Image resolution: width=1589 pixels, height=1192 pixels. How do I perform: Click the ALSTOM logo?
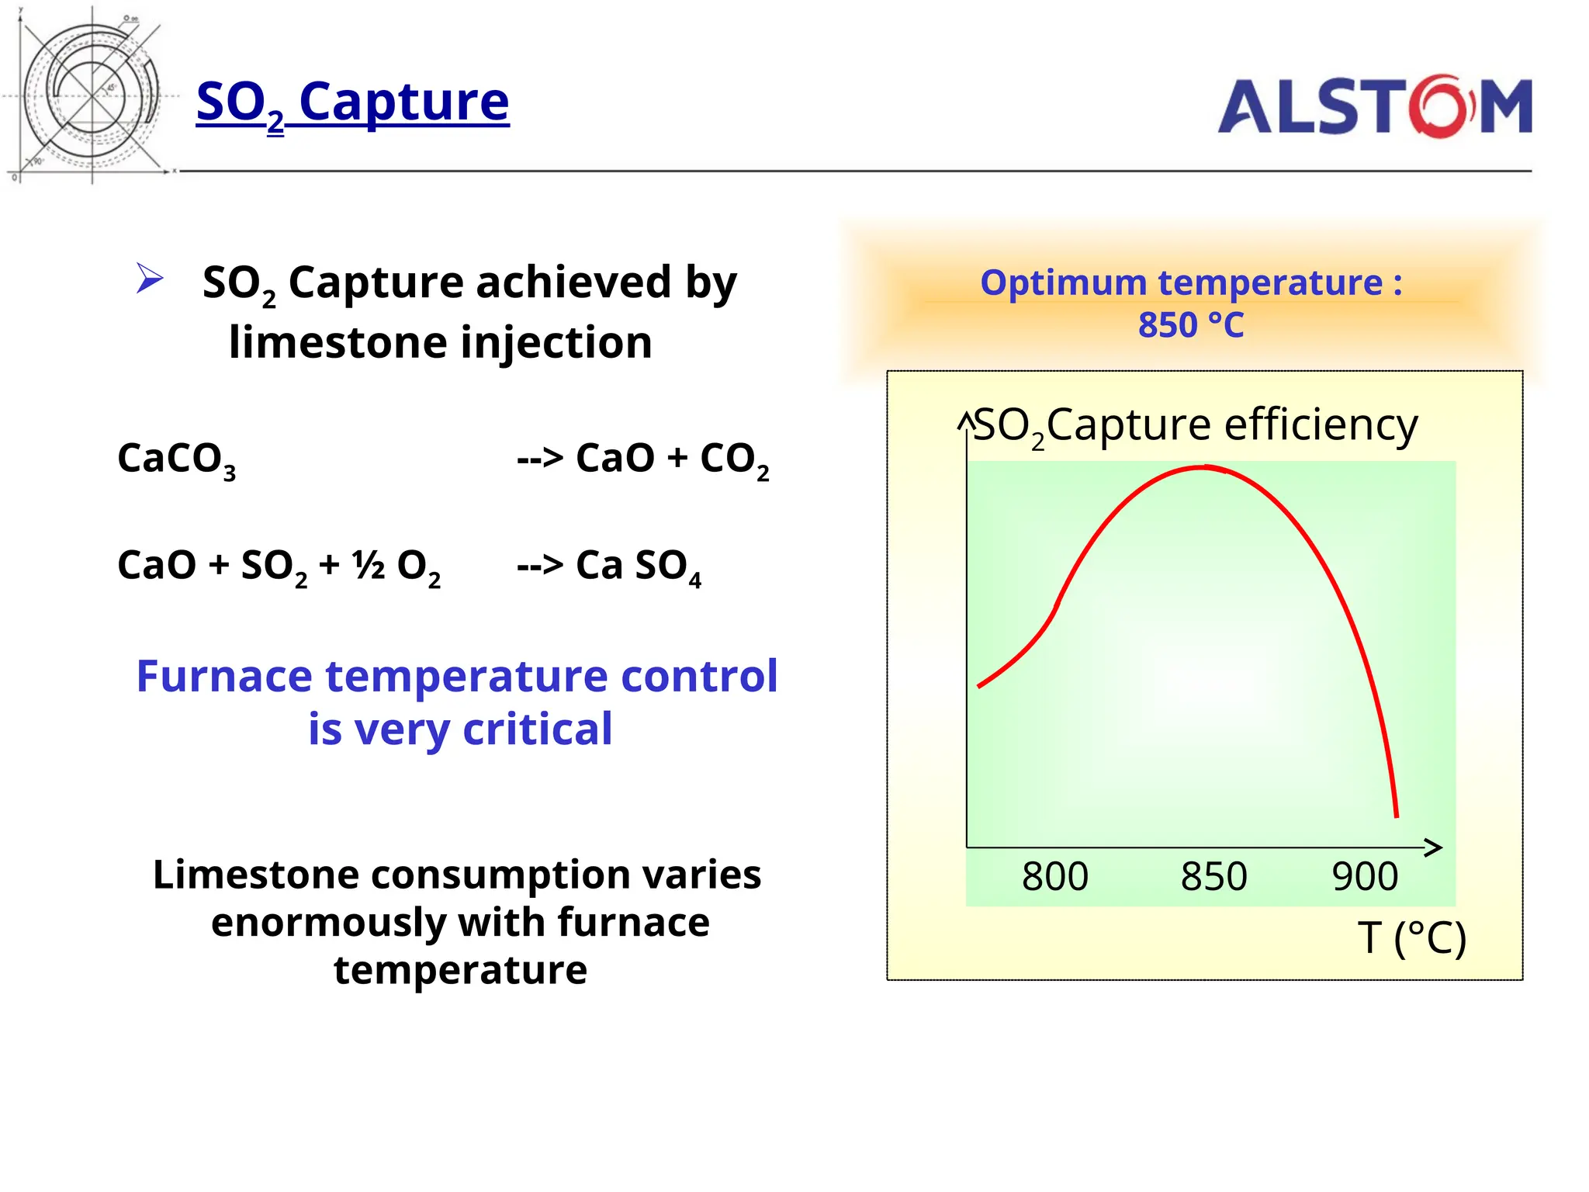click(1374, 107)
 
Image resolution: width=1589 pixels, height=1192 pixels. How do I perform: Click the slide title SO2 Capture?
click(353, 102)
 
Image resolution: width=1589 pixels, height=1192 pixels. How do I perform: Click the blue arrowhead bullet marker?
click(149, 279)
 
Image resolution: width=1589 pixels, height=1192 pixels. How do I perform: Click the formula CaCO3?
click(176, 459)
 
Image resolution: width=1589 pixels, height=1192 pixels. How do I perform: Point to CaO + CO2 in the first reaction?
click(672, 459)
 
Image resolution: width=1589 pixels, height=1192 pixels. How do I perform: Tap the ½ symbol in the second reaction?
click(369, 565)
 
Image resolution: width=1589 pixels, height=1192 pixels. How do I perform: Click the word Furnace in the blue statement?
click(225, 677)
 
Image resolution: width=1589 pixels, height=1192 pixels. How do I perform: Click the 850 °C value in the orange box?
click(1190, 325)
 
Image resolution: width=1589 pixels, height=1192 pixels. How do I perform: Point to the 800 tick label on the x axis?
click(1054, 877)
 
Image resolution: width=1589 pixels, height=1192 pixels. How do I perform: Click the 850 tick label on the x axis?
click(1213, 877)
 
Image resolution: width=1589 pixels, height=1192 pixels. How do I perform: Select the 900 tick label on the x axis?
click(1365, 877)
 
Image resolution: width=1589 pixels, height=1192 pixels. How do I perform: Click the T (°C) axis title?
click(1411, 938)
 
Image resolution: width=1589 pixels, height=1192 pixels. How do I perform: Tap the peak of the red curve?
click(1203, 467)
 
